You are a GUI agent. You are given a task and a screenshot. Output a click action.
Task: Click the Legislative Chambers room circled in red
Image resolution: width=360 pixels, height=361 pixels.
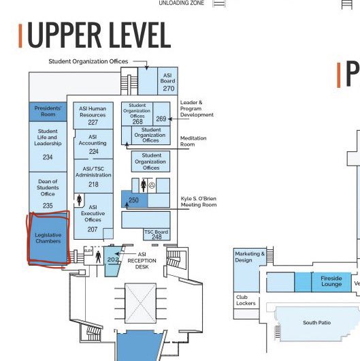pos(48,238)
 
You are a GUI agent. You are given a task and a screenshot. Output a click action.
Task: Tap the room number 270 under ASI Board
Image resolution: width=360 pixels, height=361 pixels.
pos(168,89)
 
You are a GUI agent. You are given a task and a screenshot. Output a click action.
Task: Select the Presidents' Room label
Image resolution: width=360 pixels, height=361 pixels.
pos(48,111)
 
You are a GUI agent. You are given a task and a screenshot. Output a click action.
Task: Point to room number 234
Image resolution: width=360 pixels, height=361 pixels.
pos(48,157)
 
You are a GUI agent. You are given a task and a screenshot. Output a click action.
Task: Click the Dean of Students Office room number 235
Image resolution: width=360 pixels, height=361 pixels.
pos(48,206)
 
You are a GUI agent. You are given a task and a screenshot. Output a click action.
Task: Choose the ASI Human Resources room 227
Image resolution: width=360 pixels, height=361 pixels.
pos(93,122)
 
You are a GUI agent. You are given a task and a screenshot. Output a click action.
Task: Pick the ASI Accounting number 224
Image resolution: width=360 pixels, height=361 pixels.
pos(94,151)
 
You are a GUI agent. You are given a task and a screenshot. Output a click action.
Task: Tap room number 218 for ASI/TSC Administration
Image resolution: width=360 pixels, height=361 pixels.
pos(93,185)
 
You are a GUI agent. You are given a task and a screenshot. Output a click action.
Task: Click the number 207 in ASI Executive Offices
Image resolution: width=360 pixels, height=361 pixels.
pos(93,230)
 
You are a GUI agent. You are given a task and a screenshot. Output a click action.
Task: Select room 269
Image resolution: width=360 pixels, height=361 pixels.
pos(161,119)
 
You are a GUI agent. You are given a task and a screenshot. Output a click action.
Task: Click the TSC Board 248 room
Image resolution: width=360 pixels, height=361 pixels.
pos(157,234)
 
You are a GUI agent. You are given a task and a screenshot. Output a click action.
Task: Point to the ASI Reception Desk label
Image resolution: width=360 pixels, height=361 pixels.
pos(142,261)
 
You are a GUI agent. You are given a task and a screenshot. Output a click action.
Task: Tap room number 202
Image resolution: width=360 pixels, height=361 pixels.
pos(113,260)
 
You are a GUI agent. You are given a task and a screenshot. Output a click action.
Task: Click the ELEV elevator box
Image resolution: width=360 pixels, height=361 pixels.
pos(88,251)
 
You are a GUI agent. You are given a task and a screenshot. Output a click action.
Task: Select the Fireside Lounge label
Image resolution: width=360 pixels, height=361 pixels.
pos(331,281)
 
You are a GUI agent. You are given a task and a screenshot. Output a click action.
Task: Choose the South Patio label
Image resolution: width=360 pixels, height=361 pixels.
pos(316,323)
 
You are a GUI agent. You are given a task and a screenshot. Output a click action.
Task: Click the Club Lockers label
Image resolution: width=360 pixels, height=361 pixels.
pos(246,300)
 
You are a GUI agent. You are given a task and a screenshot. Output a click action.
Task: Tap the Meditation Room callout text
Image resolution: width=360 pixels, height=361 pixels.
pos(193,141)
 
